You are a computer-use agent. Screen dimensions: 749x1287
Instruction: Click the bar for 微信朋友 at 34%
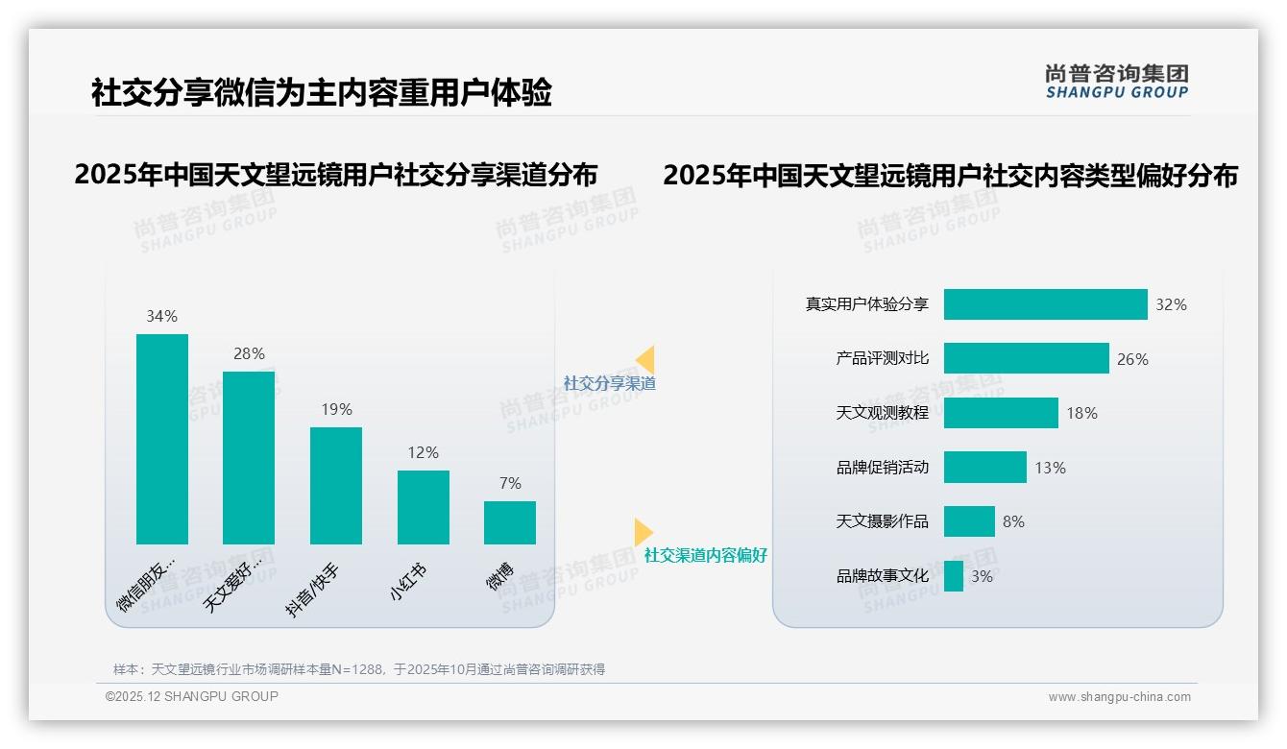pyautogui.click(x=162, y=439)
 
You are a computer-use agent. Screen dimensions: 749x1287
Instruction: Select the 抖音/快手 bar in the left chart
pyautogui.click(x=336, y=486)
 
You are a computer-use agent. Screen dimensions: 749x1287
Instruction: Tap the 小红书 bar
pyautogui.click(x=423, y=507)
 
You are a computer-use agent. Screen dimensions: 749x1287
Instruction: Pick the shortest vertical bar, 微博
pyautogui.click(x=509, y=522)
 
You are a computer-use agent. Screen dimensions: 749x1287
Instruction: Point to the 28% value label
pyautogui.click(x=249, y=353)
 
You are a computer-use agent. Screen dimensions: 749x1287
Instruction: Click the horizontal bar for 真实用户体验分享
pyautogui.click(x=1045, y=304)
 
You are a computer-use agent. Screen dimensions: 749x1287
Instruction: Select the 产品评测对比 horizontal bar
pyautogui.click(x=1026, y=358)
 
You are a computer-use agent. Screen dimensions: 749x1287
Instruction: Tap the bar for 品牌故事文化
pyautogui.click(x=953, y=576)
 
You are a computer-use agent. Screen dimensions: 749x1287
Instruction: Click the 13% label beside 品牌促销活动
pyautogui.click(x=1050, y=468)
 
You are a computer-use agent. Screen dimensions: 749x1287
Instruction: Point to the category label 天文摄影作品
pyautogui.click(x=882, y=521)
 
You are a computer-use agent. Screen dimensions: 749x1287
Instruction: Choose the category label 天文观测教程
pyautogui.click(x=882, y=413)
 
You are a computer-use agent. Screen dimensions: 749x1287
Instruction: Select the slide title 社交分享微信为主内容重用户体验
pyautogui.click(x=321, y=93)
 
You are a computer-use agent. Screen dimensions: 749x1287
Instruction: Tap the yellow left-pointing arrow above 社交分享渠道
pyautogui.click(x=645, y=359)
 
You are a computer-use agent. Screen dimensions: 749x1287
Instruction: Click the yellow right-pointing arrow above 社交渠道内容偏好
pyautogui.click(x=643, y=532)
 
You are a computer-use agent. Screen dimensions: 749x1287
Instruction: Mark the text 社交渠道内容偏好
pyautogui.click(x=705, y=555)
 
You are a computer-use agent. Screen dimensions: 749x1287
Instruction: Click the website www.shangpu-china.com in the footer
pyautogui.click(x=1119, y=697)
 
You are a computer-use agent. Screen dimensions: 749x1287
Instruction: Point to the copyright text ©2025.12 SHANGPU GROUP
pyautogui.click(x=192, y=696)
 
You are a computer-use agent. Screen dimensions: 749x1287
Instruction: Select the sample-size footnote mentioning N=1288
pyautogui.click(x=358, y=669)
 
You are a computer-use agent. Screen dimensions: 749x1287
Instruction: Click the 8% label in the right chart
pyautogui.click(x=1013, y=521)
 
